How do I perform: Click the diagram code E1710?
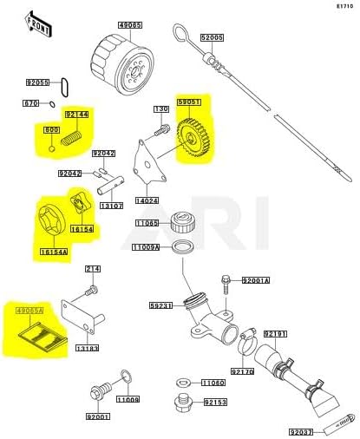tap(344, 6)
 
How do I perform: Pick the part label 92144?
tap(76, 114)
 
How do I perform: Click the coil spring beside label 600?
tap(73, 136)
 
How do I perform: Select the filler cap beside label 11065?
tap(184, 221)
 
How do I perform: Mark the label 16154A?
tap(55, 251)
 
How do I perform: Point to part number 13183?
tap(87, 347)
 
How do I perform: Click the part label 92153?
tap(216, 403)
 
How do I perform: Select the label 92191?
tap(275, 332)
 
